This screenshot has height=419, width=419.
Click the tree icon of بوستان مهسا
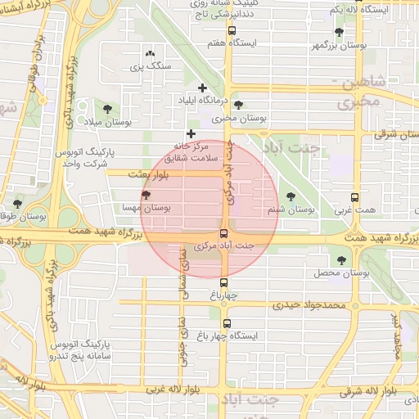tap(146, 195)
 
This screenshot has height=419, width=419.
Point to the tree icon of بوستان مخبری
tap(238, 105)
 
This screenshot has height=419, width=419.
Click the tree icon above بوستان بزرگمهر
tap(339, 32)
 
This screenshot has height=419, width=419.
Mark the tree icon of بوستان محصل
tap(341, 260)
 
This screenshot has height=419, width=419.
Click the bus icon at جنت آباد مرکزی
tap(224, 232)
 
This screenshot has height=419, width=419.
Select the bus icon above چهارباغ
tap(224, 282)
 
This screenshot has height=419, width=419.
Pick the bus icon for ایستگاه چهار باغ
tap(227, 323)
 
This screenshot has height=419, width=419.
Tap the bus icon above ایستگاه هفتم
tap(232, 31)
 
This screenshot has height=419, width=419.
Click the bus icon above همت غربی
tap(354, 198)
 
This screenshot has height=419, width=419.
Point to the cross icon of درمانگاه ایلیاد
tap(202, 87)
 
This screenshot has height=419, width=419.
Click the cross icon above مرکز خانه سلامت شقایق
tap(191, 133)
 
